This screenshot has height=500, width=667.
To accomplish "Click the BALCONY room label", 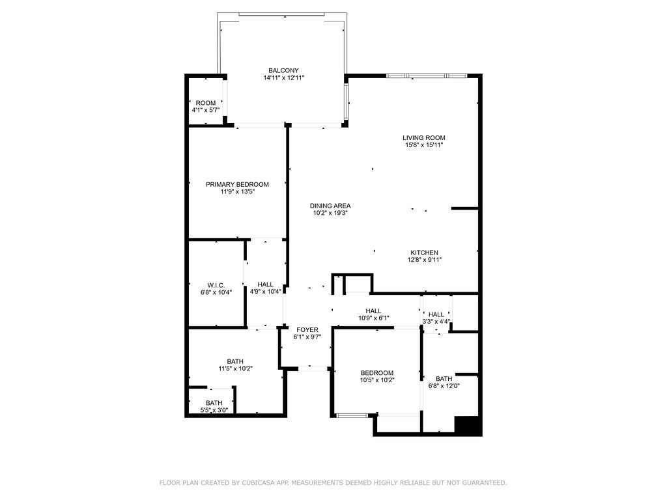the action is point(283,70).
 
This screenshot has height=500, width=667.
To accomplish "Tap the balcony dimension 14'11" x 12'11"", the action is point(284,78).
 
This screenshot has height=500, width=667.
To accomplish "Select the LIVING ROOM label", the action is point(424,138).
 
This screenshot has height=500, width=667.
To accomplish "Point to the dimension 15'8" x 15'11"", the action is point(424,145).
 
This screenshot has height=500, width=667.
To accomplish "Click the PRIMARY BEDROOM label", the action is point(237,184).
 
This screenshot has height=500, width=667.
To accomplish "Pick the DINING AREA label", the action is point(330,206).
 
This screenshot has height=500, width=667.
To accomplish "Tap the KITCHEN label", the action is point(424,253).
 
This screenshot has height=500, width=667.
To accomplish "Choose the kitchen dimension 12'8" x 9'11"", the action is point(425,260).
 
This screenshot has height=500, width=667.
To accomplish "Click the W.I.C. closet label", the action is point(216,285).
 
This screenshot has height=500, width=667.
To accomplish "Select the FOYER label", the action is point(307,330).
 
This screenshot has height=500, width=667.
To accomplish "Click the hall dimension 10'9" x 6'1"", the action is point(373,318).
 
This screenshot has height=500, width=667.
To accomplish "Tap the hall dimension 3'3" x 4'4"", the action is point(436,322).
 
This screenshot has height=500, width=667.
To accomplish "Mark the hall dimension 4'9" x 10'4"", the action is point(266,292).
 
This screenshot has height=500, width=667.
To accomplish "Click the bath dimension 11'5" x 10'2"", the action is point(235,368).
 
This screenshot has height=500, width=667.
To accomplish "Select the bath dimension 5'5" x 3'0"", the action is point(214,410).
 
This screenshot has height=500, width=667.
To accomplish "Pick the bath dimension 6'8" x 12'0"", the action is point(444,386).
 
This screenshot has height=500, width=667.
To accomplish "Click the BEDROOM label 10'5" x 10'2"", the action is point(377,373).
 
